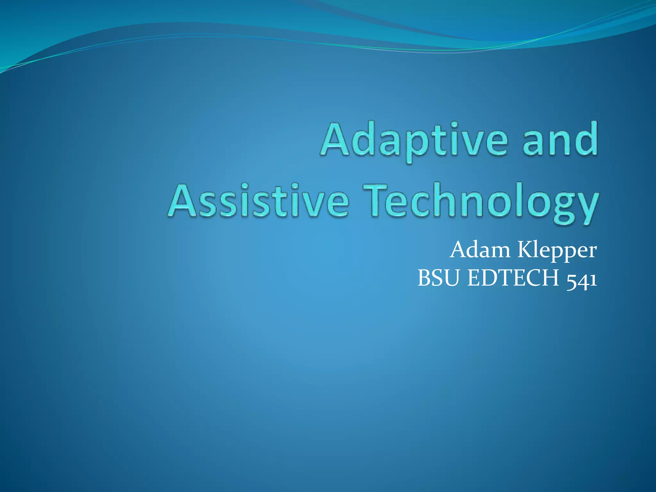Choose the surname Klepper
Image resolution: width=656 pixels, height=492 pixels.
click(557, 250)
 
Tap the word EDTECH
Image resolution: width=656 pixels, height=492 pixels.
click(513, 278)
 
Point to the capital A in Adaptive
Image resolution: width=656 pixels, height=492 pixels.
click(335, 140)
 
